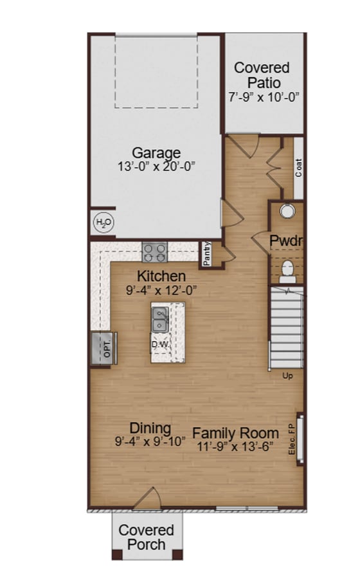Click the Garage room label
click(x=156, y=152)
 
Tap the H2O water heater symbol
click(x=103, y=223)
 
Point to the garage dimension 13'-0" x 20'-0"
click(x=156, y=167)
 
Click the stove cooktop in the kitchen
click(x=154, y=252)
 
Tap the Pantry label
click(x=207, y=253)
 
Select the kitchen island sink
click(x=160, y=320)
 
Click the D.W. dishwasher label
click(x=159, y=344)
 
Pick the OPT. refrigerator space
click(x=104, y=349)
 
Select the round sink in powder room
click(x=287, y=210)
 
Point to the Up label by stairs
click(x=287, y=376)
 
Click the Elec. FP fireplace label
click(x=292, y=439)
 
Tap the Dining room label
click(x=150, y=428)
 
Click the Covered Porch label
click(x=147, y=537)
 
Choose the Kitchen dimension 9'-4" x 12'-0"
click(x=161, y=290)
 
